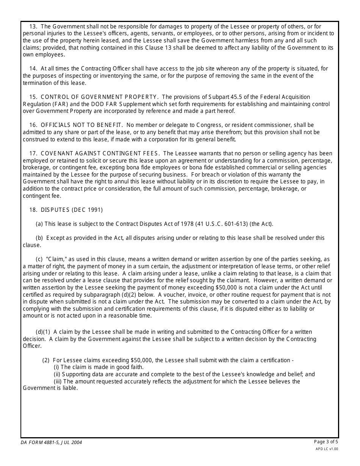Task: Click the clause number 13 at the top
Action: [33, 27]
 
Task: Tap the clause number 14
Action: [33, 69]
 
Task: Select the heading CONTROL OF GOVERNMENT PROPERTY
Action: [99, 97]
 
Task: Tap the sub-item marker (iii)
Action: [58, 382]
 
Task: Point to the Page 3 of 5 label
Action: [326, 442]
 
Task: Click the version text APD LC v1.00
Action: [327, 449]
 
